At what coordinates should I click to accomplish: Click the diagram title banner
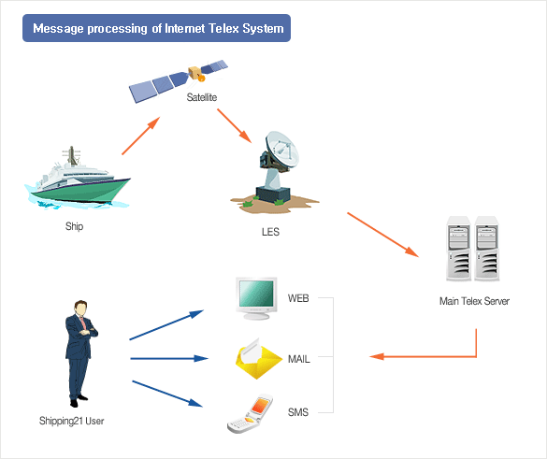[156, 28]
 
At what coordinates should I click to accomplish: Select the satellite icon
[178, 80]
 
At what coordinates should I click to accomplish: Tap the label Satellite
[202, 97]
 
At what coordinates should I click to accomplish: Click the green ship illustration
[78, 179]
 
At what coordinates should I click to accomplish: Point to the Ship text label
[74, 226]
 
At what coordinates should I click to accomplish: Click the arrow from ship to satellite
[141, 136]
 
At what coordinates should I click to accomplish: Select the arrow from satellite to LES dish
[234, 126]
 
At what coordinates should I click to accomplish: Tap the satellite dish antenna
[275, 172]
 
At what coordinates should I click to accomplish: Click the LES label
[271, 232]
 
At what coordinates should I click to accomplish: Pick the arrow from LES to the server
[382, 235]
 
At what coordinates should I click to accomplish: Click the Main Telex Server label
[474, 301]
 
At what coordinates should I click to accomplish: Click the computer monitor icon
[257, 298]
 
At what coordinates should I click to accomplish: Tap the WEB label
[298, 298]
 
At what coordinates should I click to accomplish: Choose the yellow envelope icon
[258, 359]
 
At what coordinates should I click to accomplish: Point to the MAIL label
[299, 359]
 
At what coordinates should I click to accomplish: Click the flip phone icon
[251, 414]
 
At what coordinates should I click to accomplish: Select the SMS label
[298, 412]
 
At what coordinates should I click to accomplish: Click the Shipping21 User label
[71, 421]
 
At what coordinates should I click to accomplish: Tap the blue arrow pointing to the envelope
[169, 359]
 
